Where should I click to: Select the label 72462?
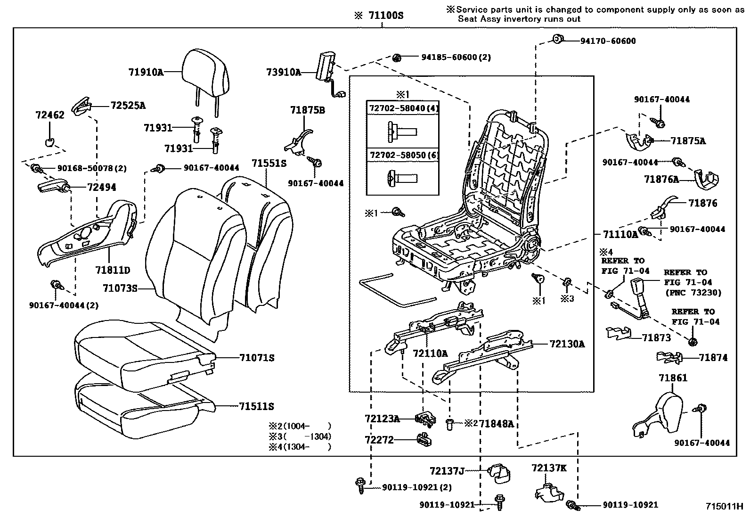pos(49,115)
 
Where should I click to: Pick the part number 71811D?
pos(112,270)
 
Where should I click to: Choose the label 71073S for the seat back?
pos(120,288)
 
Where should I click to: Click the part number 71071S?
pos(256,358)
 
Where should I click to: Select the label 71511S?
pos(256,406)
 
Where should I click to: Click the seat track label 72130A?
pos(567,344)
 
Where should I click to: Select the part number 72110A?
pos(430,353)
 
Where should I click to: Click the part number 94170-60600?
pos(608,41)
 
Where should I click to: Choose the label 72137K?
pos(549,468)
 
